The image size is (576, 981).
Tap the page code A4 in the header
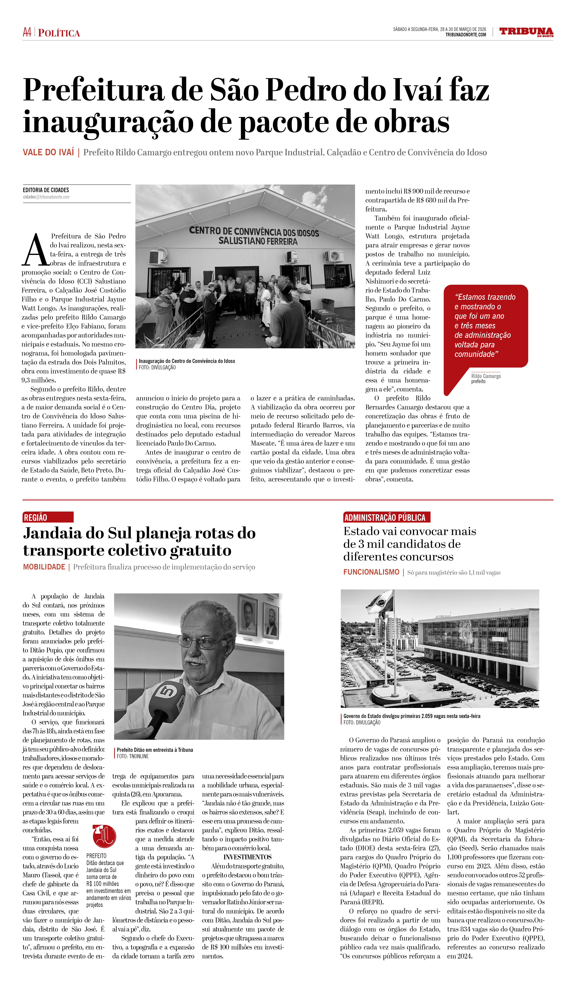(27, 32)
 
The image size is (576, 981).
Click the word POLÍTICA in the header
(59, 33)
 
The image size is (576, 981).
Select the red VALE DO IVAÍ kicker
(48, 152)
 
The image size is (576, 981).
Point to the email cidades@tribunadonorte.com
(46, 197)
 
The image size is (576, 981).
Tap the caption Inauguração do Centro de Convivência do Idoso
(187, 361)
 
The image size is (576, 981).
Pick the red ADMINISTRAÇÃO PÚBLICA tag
(386, 517)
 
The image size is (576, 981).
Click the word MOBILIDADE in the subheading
(44, 567)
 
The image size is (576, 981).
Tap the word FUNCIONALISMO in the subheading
(371, 572)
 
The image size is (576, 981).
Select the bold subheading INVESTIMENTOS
(247, 857)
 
